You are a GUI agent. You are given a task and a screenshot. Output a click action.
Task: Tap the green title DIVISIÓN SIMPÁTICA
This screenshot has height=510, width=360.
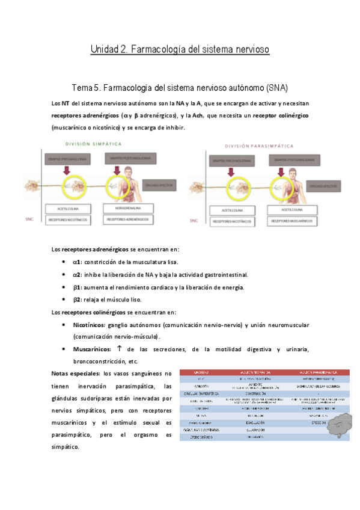coord(94,144)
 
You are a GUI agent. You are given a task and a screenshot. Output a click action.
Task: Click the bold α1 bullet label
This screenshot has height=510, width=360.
coord(77,262)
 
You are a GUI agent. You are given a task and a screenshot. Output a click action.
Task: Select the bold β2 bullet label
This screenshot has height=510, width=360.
coord(77,299)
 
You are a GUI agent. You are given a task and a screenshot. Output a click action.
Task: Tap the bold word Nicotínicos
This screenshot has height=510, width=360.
coord(88,325)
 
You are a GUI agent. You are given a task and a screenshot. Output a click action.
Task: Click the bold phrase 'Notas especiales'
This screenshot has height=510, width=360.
coord(74,373)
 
